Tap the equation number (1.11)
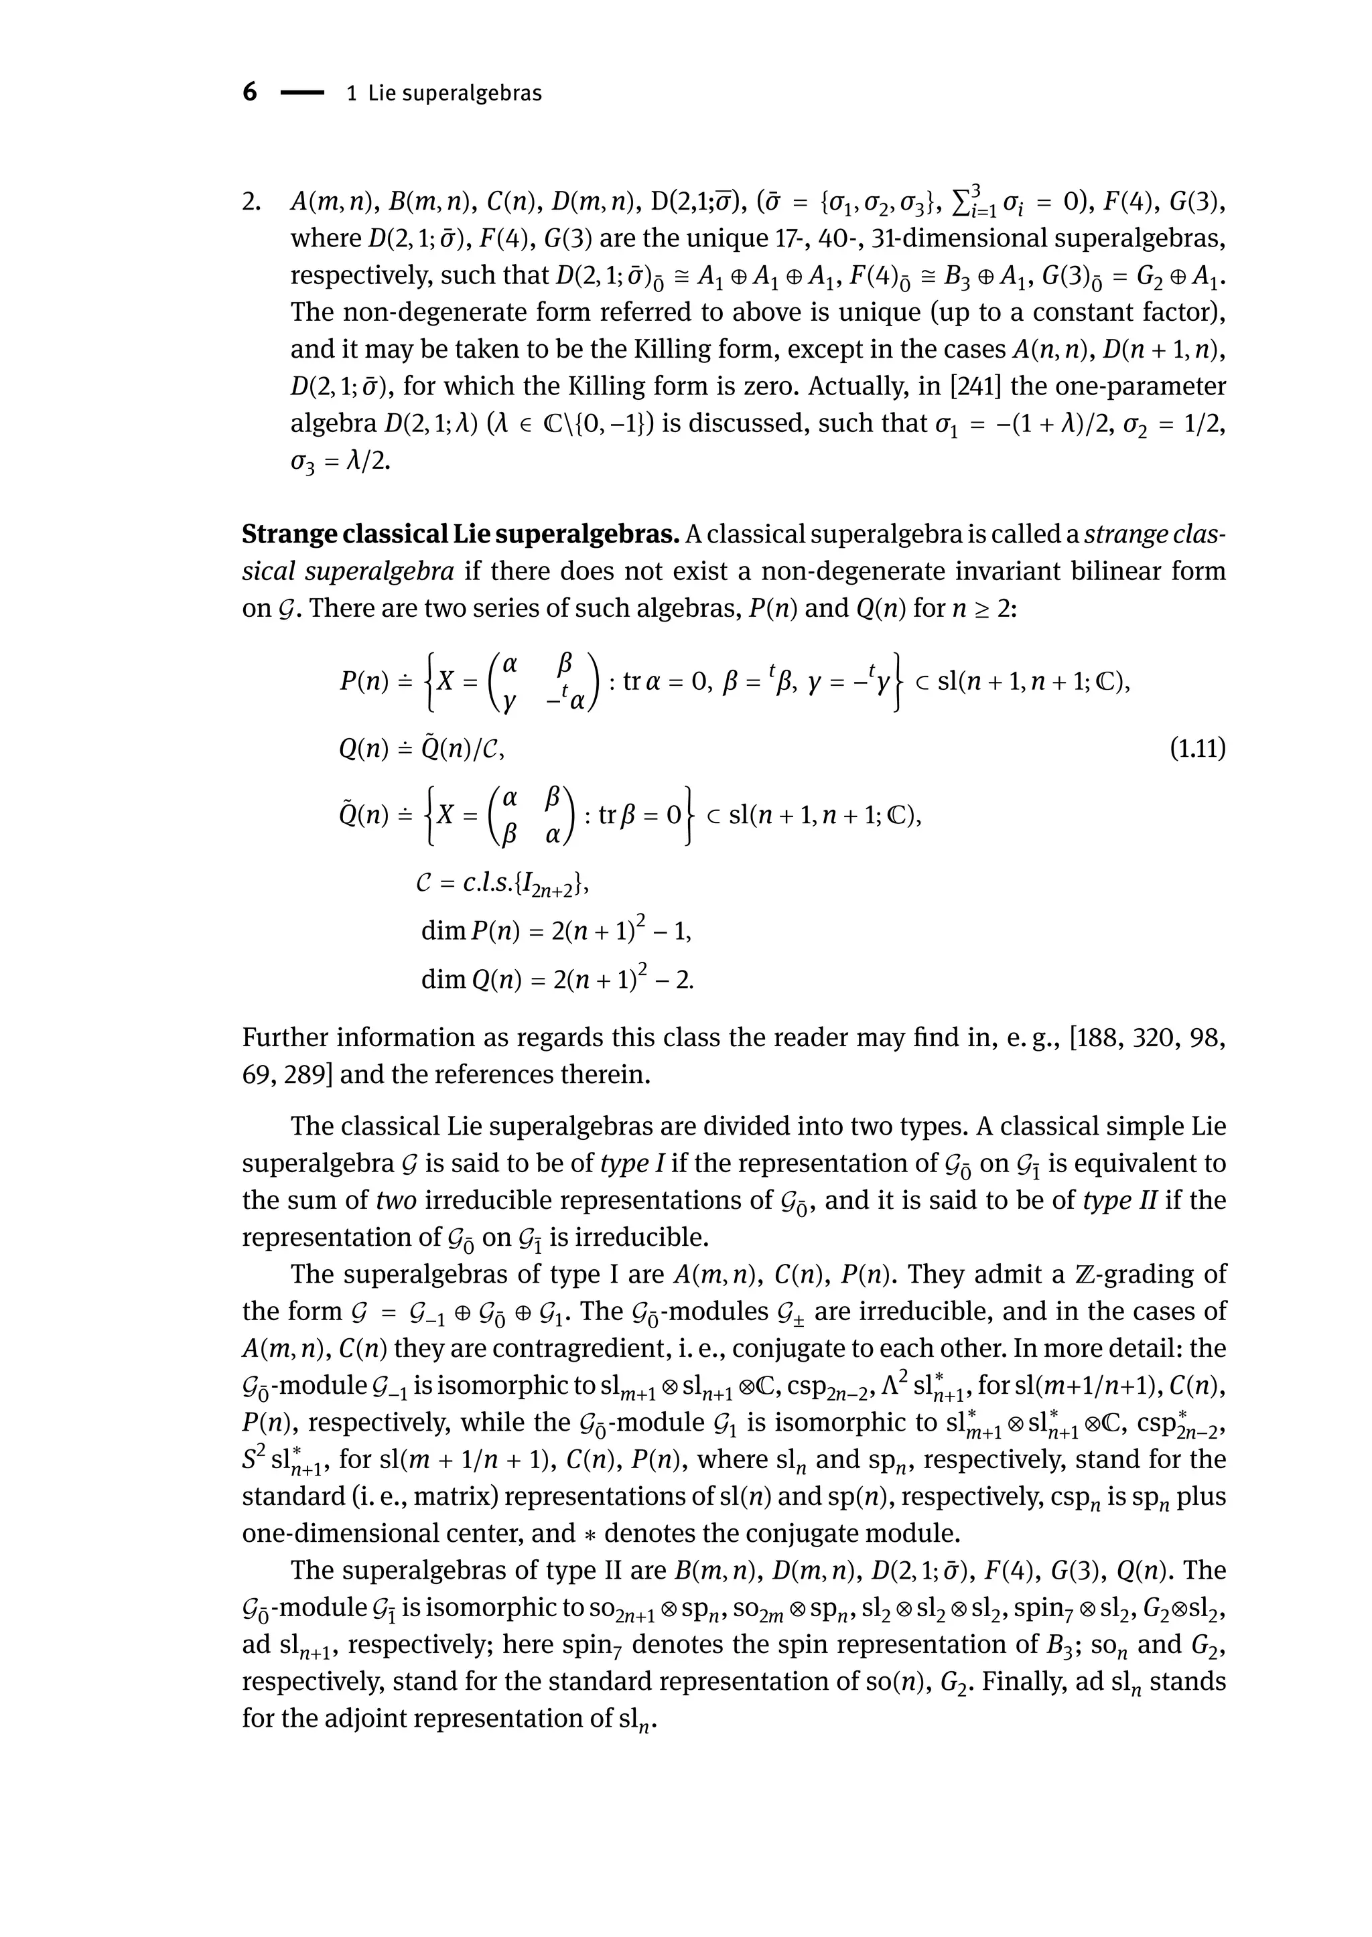(x=1197, y=749)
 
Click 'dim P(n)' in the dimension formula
(x=462, y=931)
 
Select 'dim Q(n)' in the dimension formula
(x=462, y=980)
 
